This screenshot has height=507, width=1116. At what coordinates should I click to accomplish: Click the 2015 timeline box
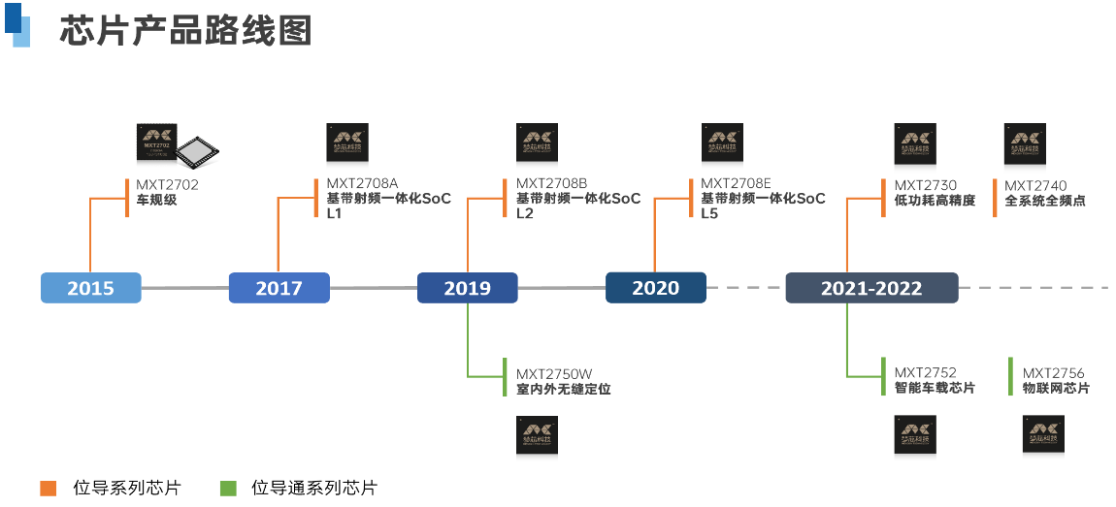(x=90, y=288)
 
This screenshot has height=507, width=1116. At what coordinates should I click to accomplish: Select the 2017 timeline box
(x=279, y=288)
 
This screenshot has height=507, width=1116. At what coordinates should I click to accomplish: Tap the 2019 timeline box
(x=467, y=288)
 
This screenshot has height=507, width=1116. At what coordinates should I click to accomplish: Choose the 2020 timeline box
(x=655, y=288)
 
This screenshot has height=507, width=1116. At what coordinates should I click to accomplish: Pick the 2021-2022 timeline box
(x=871, y=288)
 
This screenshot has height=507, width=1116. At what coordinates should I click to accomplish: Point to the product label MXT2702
(x=167, y=185)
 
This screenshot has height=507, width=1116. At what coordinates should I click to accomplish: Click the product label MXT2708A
(x=362, y=183)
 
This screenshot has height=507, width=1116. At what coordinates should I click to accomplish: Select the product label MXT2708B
(x=551, y=183)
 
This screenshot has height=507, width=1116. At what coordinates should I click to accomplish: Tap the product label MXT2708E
(x=736, y=183)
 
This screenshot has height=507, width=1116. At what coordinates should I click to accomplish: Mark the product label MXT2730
(x=926, y=185)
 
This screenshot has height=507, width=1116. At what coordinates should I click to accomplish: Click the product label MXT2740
(x=1035, y=185)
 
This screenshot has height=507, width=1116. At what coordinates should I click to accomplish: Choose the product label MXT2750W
(x=554, y=373)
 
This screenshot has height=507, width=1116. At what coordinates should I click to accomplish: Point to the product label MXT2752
(x=926, y=372)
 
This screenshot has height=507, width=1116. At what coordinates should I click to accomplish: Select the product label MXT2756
(x=1054, y=373)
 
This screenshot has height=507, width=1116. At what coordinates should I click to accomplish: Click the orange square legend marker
(x=48, y=489)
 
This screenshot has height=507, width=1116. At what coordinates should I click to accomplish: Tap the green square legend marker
(x=229, y=489)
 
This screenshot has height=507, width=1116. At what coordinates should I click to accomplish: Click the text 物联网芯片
(x=1056, y=389)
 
